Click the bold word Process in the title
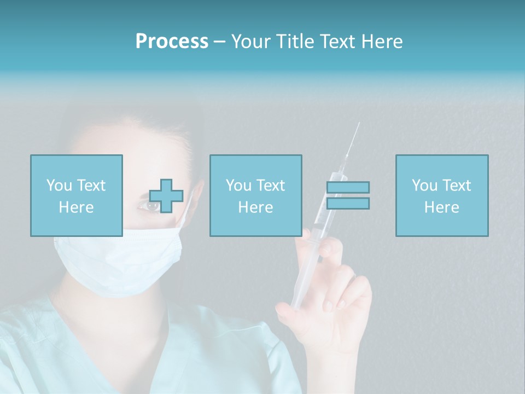click(172, 42)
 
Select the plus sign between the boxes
click(166, 195)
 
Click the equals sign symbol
click(348, 195)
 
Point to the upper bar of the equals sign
click(348, 188)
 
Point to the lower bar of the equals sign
click(348, 203)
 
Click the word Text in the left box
click(91, 186)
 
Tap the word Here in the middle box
click(255, 207)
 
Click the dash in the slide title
click(220, 42)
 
